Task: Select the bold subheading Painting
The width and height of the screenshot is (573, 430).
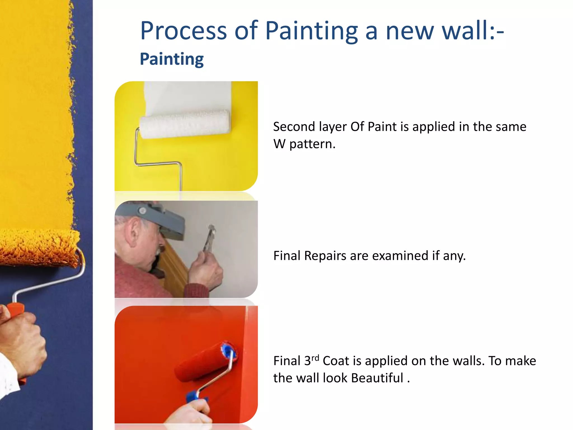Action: pos(172,59)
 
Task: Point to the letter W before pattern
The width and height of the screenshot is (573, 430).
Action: pos(279,144)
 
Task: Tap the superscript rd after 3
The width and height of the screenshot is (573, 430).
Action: pos(315,358)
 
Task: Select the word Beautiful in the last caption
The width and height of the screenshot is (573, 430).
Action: pos(377,378)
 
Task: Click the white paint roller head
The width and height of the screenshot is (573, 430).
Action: pos(185,123)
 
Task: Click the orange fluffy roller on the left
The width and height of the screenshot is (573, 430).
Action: pos(39,248)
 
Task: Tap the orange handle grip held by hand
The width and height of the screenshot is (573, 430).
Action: pos(15,311)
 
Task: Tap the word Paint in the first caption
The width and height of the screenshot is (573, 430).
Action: pos(382,127)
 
